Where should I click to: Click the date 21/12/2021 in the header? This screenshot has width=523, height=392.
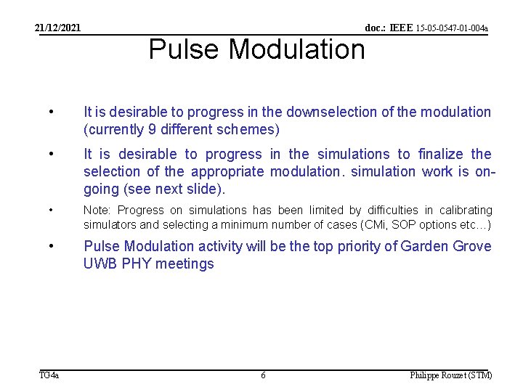pyautogui.click(x=58, y=28)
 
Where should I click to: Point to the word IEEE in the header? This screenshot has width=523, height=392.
pyautogui.click(x=400, y=28)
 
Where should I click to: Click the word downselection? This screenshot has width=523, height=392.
pyautogui.click(x=331, y=112)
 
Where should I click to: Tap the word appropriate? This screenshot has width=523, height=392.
pyautogui.click(x=229, y=171)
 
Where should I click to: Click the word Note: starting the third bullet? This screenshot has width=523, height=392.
pyautogui.click(x=98, y=210)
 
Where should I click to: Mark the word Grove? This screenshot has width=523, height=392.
pyautogui.click(x=474, y=246)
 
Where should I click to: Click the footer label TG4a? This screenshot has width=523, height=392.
pyautogui.click(x=49, y=375)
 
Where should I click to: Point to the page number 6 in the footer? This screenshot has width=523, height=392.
pyautogui.click(x=263, y=375)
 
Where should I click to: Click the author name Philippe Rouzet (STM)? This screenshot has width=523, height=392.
pyautogui.click(x=450, y=375)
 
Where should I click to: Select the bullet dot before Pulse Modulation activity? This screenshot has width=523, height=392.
pyautogui.click(x=50, y=246)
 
